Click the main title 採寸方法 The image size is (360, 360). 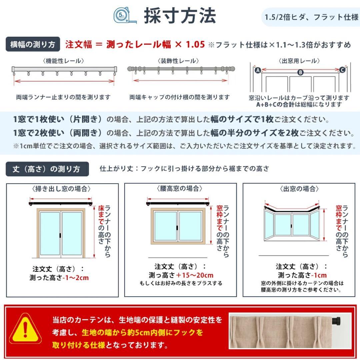pos(180,16)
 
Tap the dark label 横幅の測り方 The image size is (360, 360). pos(33,45)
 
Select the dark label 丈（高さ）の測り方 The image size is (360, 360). pos(47,169)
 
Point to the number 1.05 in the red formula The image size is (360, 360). pos(195,44)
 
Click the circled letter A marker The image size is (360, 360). pos(257,70)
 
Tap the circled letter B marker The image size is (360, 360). pos(300,72)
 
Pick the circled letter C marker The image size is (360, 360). pos(342,70)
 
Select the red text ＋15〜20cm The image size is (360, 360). pos(195,275)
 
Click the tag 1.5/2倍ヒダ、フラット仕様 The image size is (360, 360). pos(311,17)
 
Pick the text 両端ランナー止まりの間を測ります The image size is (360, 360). pos(63,97)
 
